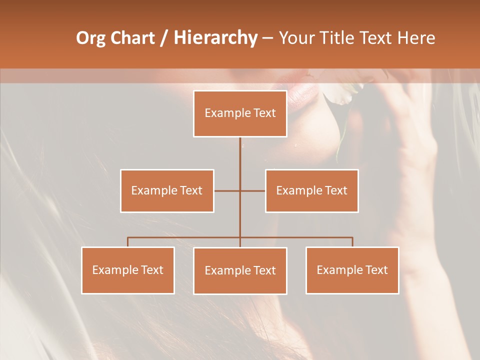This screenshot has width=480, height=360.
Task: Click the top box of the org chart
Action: click(x=240, y=113)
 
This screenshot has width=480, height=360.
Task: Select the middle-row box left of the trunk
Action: click(x=167, y=190)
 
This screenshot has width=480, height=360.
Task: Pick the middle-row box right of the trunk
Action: click(x=311, y=190)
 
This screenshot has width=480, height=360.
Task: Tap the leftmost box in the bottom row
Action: click(x=128, y=270)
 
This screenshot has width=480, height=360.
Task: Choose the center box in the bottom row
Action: click(x=240, y=270)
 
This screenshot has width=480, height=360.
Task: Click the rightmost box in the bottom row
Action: click(x=352, y=270)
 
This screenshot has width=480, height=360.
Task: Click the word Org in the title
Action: click(x=90, y=38)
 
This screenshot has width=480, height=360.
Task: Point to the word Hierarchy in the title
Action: click(x=215, y=38)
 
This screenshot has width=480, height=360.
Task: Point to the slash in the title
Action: click(x=164, y=38)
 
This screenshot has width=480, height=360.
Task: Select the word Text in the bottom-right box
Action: click(x=376, y=270)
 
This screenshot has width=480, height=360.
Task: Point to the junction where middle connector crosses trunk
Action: click(x=240, y=190)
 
